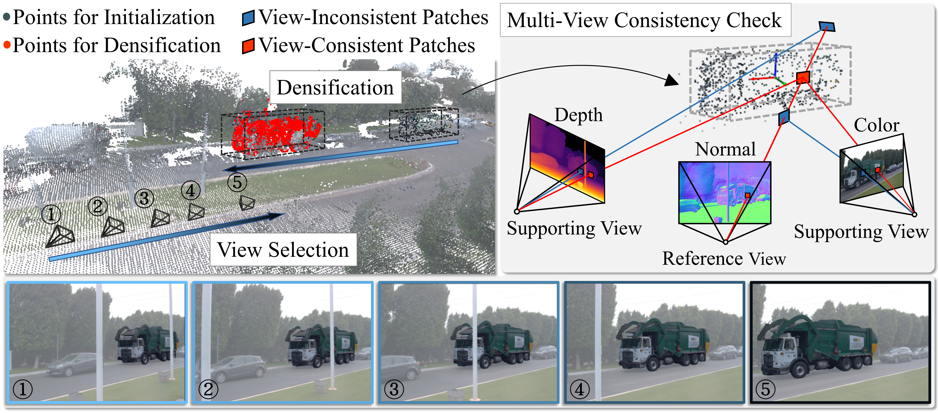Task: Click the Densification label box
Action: [x=335, y=87]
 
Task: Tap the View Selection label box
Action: [x=283, y=250]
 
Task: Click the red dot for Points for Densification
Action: [x=7, y=45]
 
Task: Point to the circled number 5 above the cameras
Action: [x=237, y=182]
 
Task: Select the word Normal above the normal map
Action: [x=725, y=149]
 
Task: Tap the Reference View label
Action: [x=724, y=258]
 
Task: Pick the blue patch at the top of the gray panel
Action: [x=827, y=26]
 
